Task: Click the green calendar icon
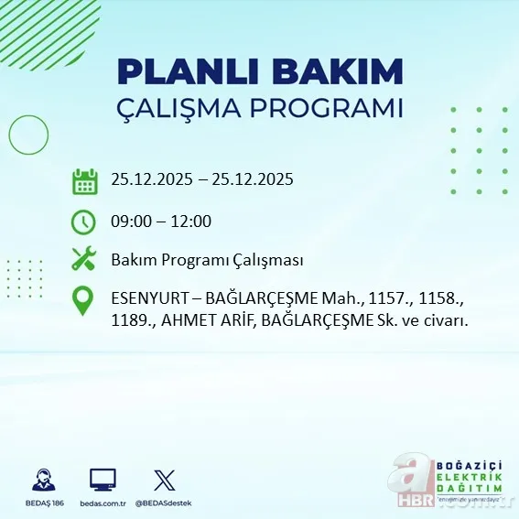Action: point(84,180)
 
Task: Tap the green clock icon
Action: point(83,221)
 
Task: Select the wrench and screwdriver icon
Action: point(84,260)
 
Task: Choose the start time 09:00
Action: point(130,222)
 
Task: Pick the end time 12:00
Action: point(191,222)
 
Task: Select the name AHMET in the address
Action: point(189,320)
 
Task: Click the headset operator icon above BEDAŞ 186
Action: point(42,480)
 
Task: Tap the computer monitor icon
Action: point(103,480)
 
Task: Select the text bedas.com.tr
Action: point(103,503)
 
